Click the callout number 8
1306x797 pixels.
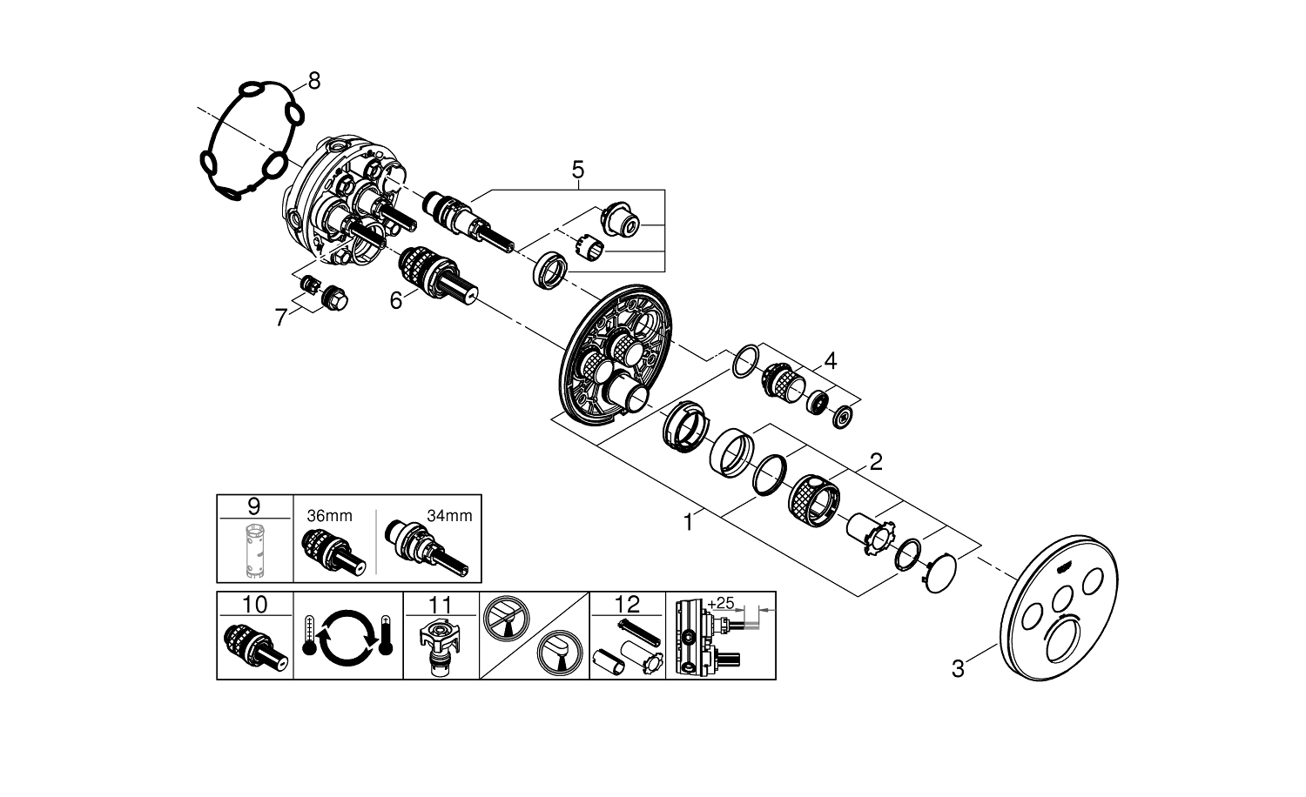313,81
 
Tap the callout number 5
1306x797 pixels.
578,170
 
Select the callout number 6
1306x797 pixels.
396,301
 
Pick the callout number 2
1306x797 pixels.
875,461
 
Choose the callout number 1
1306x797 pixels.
688,524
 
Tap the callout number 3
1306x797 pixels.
958,669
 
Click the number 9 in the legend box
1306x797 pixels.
253,506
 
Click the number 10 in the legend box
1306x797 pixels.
253,604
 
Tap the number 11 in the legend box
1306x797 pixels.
441,604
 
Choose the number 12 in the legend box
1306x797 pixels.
627,604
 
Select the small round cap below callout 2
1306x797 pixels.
937,574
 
